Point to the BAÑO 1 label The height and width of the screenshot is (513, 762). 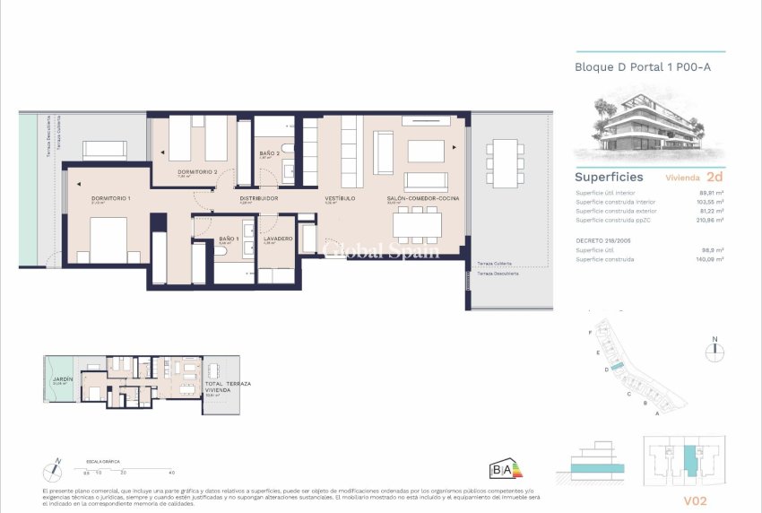point(228,239)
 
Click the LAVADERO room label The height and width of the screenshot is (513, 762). point(279,239)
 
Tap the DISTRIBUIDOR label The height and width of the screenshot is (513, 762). point(259,197)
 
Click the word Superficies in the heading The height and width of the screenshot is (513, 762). point(609,177)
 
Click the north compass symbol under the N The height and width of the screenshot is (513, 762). point(714,352)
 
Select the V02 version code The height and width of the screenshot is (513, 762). point(696,500)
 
